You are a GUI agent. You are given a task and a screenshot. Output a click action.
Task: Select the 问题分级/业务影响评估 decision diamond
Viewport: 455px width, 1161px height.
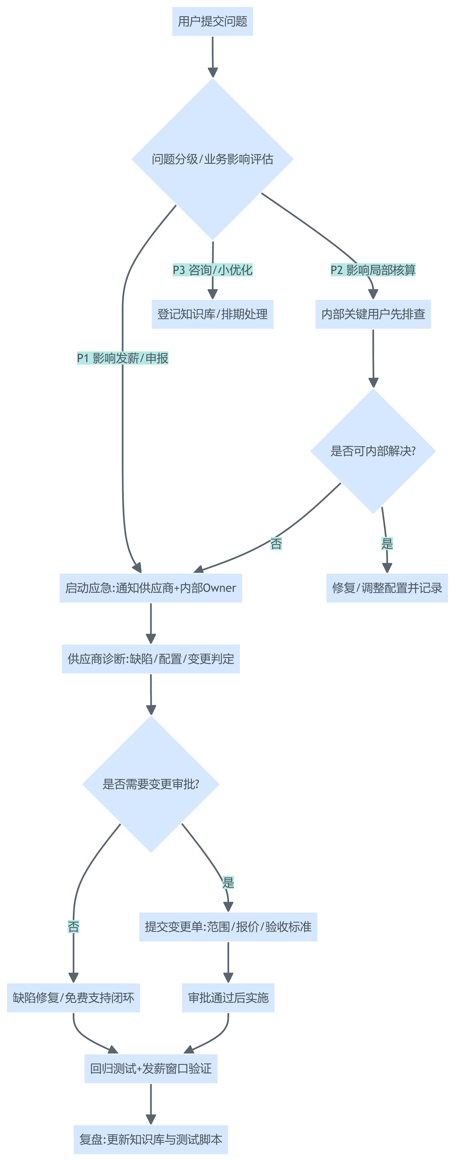coord(212,159)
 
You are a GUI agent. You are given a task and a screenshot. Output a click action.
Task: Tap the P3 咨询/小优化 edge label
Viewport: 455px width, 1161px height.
coord(212,270)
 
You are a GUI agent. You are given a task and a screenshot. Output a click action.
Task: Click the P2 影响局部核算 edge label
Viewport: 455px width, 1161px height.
coord(373,270)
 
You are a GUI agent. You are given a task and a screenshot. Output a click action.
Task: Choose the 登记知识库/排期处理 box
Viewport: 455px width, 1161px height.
coord(212,314)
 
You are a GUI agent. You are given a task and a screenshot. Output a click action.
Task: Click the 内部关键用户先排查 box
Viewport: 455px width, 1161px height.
coord(373,314)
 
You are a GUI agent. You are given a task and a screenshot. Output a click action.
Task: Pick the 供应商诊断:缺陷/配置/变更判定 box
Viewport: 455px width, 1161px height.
coord(151,659)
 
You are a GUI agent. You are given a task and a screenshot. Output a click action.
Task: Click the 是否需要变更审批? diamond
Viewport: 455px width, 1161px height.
coord(151,784)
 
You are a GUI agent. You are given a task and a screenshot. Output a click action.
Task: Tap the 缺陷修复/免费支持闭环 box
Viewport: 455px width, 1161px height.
coord(74,998)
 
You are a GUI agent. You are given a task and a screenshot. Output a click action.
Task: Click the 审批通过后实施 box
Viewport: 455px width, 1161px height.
coord(228,998)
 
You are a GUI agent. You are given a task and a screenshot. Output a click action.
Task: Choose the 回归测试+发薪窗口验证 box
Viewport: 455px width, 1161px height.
coord(151,1069)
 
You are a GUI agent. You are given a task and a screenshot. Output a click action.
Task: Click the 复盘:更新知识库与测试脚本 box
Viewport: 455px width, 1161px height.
coord(151,1139)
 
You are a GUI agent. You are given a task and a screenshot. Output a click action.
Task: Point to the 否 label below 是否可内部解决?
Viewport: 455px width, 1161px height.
coord(276,544)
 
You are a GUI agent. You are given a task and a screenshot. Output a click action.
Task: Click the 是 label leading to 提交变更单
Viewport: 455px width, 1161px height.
coord(228,882)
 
